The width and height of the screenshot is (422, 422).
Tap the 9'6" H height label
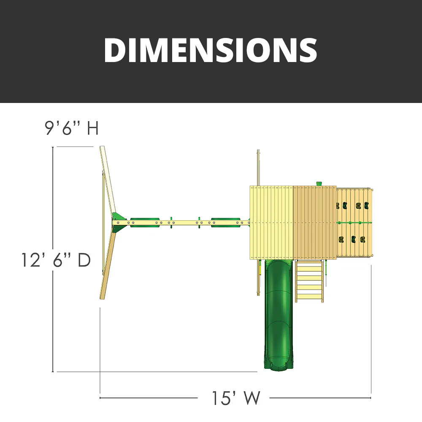pos(72,128)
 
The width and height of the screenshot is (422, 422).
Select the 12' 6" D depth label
pos(56,260)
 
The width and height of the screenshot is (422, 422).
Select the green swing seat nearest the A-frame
pos(144,222)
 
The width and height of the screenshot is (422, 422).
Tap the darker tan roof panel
pos(314,222)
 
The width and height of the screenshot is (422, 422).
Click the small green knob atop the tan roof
pos(319,183)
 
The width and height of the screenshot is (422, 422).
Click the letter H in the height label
pos(92,128)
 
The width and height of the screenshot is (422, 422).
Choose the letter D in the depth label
pos(84,260)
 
